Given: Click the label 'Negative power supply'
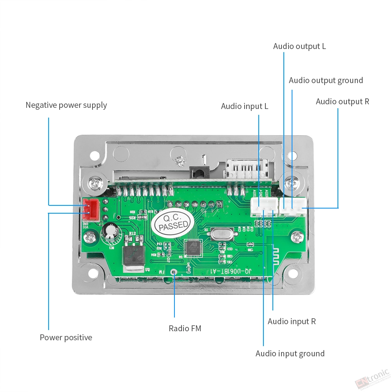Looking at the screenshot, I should point(66,105).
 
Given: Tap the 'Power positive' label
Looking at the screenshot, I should point(66,338).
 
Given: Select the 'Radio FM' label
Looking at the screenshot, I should point(185,328).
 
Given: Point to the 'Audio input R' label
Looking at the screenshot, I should point(292,321).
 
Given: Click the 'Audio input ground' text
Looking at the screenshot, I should point(290,354).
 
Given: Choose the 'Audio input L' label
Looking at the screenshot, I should point(245,106).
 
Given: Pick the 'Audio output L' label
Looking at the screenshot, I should point(299,46).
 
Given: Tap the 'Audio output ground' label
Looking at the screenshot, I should point(326,80).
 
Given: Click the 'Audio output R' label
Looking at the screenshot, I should point(343,102).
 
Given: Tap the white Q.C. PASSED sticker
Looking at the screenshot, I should point(173,223).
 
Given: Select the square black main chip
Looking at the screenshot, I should point(194,247).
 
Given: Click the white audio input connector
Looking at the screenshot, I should point(264,207).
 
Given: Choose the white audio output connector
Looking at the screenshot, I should point(293,207).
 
